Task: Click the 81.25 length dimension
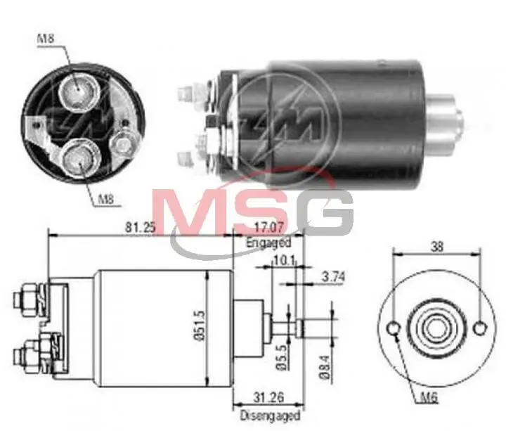(x=140, y=227)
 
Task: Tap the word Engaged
(x=268, y=242)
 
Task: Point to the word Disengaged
(x=270, y=415)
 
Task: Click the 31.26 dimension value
(x=268, y=397)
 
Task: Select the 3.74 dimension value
(x=333, y=277)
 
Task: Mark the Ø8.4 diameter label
(x=325, y=366)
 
